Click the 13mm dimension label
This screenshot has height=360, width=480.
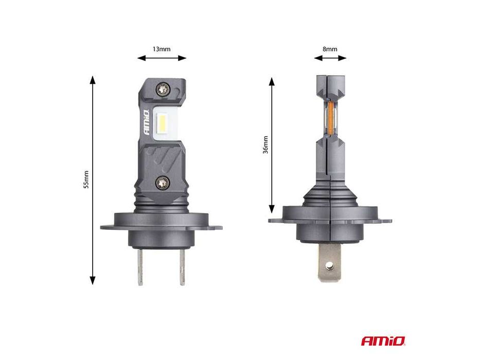(162, 49)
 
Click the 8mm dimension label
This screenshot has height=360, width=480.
(330, 49)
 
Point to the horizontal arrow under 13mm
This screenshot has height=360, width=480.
(162, 59)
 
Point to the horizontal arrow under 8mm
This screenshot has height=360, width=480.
(330, 59)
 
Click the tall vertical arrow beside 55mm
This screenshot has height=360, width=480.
(93, 180)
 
